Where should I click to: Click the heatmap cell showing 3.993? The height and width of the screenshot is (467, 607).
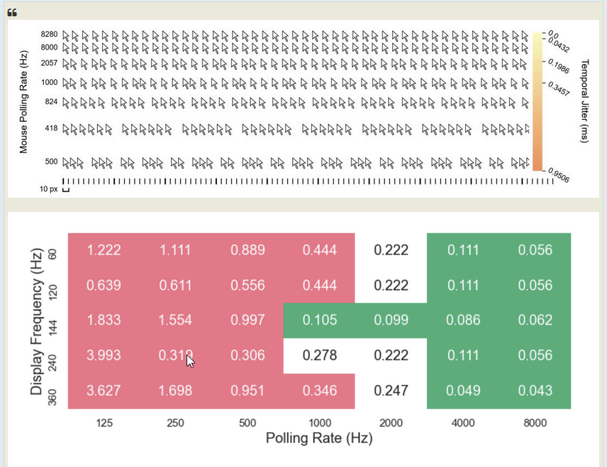[x=104, y=355]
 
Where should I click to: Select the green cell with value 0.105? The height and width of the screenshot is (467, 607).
[x=319, y=320]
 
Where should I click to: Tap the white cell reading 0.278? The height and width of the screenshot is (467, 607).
[x=319, y=355]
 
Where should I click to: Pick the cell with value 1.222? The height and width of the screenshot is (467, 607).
[x=104, y=250]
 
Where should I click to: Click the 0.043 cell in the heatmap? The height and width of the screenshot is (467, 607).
[x=535, y=390]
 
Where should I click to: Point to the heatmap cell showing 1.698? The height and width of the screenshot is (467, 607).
[x=175, y=390]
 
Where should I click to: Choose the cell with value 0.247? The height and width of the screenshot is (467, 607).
[x=391, y=390]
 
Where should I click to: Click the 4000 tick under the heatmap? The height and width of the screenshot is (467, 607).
[x=462, y=423]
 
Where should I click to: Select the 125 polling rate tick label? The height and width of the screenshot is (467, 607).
[x=104, y=423]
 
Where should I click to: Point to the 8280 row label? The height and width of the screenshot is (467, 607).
[x=49, y=34]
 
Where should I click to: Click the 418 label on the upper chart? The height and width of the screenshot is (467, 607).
[x=50, y=128]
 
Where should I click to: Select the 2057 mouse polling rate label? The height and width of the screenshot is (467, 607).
[x=49, y=63]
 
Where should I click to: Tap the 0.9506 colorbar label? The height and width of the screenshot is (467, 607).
[x=558, y=175]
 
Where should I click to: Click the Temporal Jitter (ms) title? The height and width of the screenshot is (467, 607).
[x=584, y=101]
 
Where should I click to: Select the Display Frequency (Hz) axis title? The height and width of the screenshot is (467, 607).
[x=37, y=320]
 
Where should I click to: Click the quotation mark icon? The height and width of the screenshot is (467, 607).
[x=13, y=13]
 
